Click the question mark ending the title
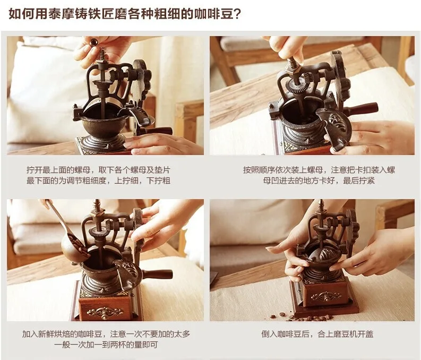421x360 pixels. (x=237, y=13)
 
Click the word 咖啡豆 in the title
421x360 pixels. (x=214, y=13)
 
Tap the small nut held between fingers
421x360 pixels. (x=94, y=41)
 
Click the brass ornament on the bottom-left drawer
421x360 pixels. (x=105, y=312)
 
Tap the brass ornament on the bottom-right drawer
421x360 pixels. (x=326, y=296)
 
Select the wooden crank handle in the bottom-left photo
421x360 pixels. (x=157, y=274)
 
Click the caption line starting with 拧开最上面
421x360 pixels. (x=98, y=170)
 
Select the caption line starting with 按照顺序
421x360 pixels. (x=319, y=170)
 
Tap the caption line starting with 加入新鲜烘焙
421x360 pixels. (x=106, y=334)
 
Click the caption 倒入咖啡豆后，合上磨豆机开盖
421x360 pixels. (x=317, y=334)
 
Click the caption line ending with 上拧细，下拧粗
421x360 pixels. (x=98, y=181)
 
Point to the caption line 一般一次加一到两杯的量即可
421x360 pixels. (x=106, y=345)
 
